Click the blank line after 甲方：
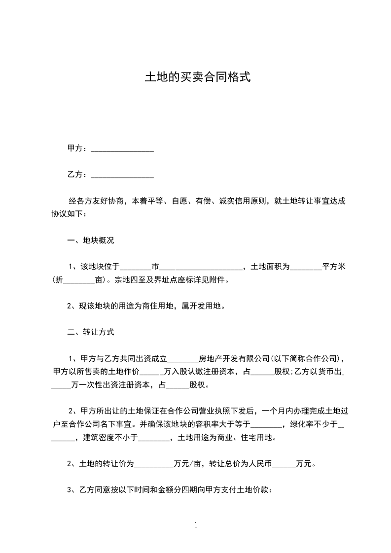coord(122,148)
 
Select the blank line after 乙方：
coord(122,174)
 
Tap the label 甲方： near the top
coord(78,148)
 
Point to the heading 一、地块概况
coord(91,241)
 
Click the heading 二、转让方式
coord(91,332)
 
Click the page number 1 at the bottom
coord(196,525)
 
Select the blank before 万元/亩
coord(154,464)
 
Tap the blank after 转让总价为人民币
coord(284,464)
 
